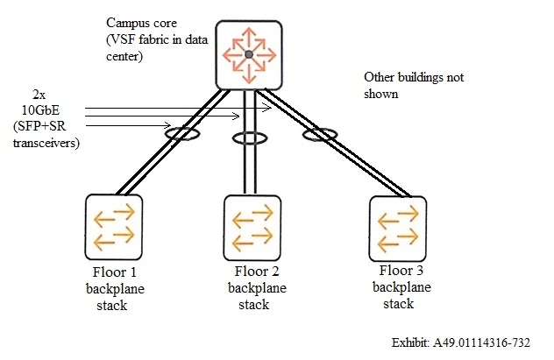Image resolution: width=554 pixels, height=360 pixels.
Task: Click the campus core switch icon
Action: [249, 53]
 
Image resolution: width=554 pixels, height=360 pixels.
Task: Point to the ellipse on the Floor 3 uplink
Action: [320, 134]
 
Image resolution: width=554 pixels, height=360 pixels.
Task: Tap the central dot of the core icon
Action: [249, 53]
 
